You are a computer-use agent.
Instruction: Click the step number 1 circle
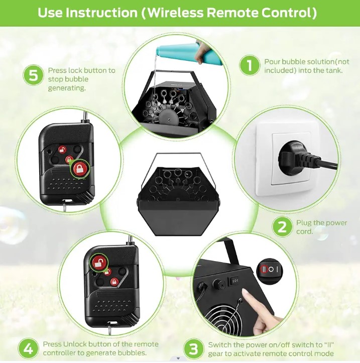click(250, 65)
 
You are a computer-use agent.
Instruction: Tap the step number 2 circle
click(282, 226)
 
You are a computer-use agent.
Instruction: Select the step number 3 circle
click(193, 349)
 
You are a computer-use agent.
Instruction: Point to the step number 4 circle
click(28, 348)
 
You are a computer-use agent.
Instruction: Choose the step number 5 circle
click(33, 75)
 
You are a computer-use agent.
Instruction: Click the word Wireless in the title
click(176, 13)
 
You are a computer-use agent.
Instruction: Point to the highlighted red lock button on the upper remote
click(80, 169)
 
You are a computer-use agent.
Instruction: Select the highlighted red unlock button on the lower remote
click(99, 262)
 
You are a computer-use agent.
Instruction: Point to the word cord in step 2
click(304, 231)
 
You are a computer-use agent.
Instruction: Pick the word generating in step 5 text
click(67, 88)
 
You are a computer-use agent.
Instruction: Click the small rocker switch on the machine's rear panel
click(235, 281)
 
